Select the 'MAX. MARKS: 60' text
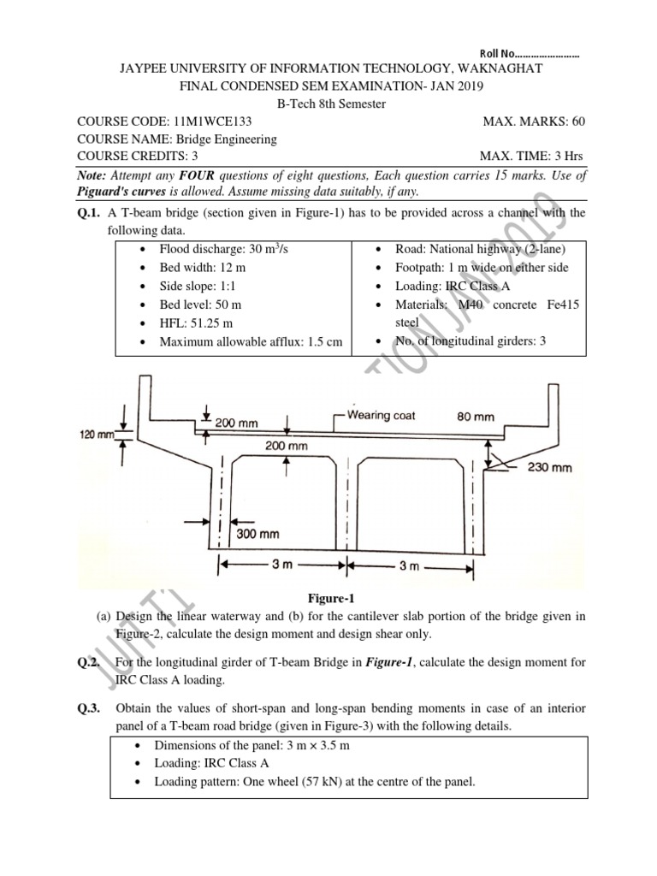[x=534, y=121]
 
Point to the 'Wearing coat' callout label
[x=382, y=415]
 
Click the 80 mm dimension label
[x=476, y=417]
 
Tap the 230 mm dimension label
[x=549, y=467]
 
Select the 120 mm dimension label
[x=97, y=435]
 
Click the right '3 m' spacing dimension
[x=409, y=565]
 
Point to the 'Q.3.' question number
[x=89, y=708]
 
